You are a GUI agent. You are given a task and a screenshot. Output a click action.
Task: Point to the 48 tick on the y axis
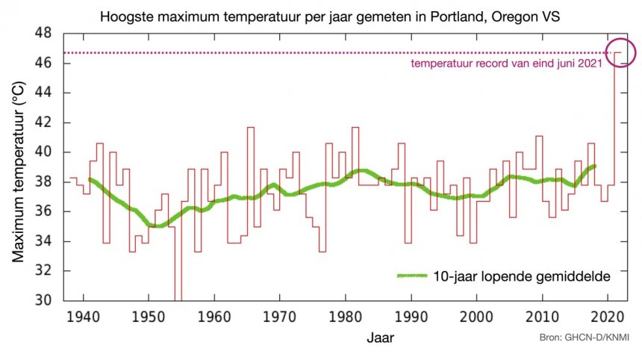pyautogui.click(x=44, y=34)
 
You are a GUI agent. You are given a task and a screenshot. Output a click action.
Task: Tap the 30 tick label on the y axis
pyautogui.click(x=44, y=300)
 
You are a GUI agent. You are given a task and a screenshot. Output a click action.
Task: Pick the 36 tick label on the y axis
pyautogui.click(x=44, y=211)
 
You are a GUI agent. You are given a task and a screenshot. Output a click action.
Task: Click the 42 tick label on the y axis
pyautogui.click(x=44, y=122)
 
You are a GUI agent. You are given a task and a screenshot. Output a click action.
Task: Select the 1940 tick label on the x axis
pyautogui.click(x=84, y=317)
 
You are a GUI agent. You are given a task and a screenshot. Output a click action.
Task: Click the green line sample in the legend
pyautogui.click(x=413, y=276)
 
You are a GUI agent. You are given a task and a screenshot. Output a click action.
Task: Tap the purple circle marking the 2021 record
pyautogui.click(x=620, y=52)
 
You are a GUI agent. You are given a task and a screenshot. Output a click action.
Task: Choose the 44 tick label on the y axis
pyautogui.click(x=44, y=93)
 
